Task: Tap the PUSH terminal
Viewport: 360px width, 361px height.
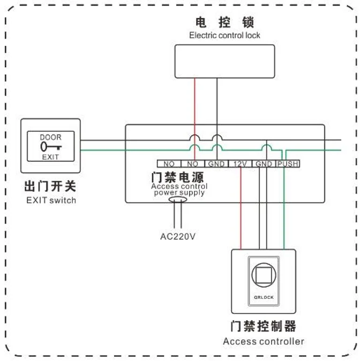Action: (288, 163)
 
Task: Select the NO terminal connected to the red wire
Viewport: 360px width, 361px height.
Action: (193, 163)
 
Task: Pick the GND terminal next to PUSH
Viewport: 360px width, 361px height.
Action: (264, 163)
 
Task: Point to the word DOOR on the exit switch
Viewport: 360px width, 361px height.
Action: (50, 138)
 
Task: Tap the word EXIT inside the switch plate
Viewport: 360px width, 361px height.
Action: (50, 157)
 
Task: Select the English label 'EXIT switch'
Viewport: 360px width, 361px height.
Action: (51, 201)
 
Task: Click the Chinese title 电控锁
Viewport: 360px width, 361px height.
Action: (224, 22)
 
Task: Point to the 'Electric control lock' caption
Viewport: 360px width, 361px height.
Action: (224, 35)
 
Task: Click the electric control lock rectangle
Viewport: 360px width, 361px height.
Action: (225, 61)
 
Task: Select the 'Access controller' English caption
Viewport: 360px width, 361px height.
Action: (264, 341)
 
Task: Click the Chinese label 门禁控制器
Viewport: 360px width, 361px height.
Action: (263, 326)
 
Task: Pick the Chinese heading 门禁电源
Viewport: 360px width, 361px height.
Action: (181, 176)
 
